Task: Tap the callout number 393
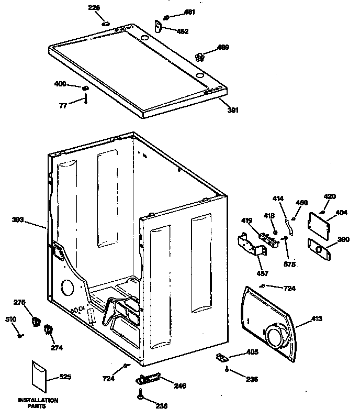coord(18,220)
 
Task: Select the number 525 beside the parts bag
coord(65,377)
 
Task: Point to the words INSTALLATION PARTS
coord(38,403)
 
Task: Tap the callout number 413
coord(317,318)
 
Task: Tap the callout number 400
coord(61,84)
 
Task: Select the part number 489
coord(223,48)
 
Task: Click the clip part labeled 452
coord(159,25)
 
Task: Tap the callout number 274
coord(55,346)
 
